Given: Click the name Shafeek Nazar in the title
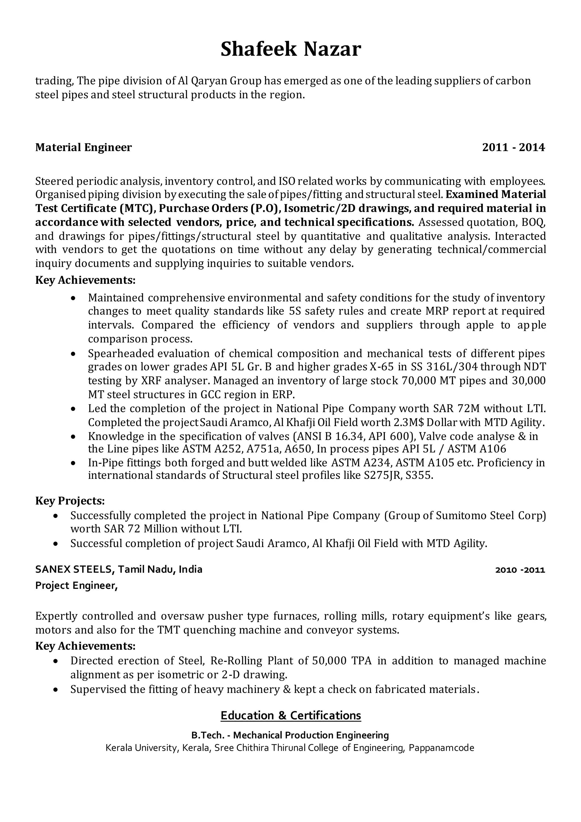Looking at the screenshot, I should click(x=290, y=49).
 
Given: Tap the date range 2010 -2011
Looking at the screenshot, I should click(x=520, y=570).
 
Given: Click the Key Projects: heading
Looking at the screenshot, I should click(x=70, y=501).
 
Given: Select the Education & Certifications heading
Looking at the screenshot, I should click(x=290, y=715).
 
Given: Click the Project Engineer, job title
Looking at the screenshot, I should click(x=76, y=586).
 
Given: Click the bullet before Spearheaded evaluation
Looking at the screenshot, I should click(x=73, y=354).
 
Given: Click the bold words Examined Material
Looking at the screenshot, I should click(x=496, y=195).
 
